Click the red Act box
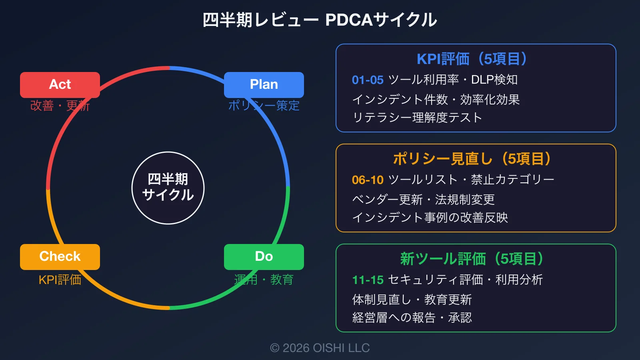click(x=60, y=85)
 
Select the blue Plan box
click(x=264, y=85)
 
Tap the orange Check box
click(x=60, y=257)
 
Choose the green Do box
click(x=264, y=257)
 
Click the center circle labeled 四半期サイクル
click(x=168, y=188)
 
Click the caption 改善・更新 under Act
click(x=60, y=106)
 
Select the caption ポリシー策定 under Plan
click(x=264, y=106)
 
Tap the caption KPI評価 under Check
click(x=60, y=280)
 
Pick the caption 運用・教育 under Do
click(x=264, y=280)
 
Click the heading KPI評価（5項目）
click(x=476, y=59)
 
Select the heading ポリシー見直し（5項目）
click(x=476, y=159)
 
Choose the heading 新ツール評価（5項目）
click(x=476, y=259)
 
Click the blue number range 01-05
click(x=368, y=80)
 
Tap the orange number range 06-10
click(x=368, y=180)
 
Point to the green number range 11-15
click(x=368, y=280)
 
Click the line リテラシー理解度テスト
click(x=417, y=118)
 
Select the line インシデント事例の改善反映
click(x=430, y=218)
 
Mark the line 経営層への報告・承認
click(x=412, y=318)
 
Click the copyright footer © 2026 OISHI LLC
click(x=320, y=348)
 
